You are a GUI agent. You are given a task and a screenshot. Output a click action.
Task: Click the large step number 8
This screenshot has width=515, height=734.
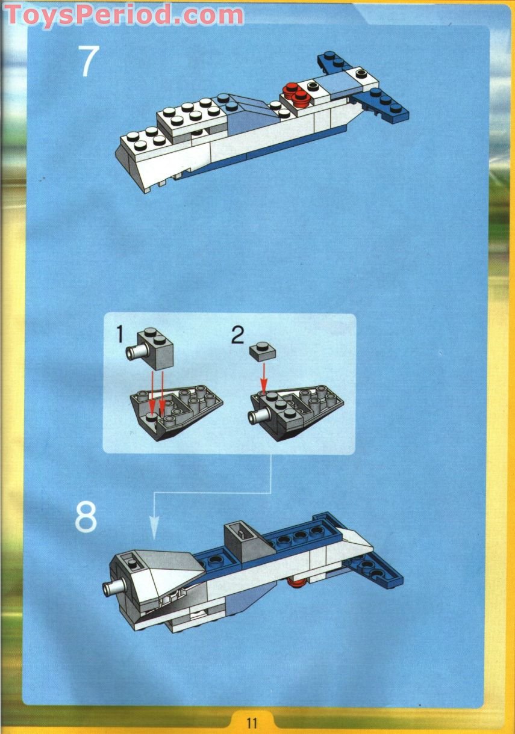86,517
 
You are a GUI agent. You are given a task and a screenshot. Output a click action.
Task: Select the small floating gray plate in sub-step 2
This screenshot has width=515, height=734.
263,350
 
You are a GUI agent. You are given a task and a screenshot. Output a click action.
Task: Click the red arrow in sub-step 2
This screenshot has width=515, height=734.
263,377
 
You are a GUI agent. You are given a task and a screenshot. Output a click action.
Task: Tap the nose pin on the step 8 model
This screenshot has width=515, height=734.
110,588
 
